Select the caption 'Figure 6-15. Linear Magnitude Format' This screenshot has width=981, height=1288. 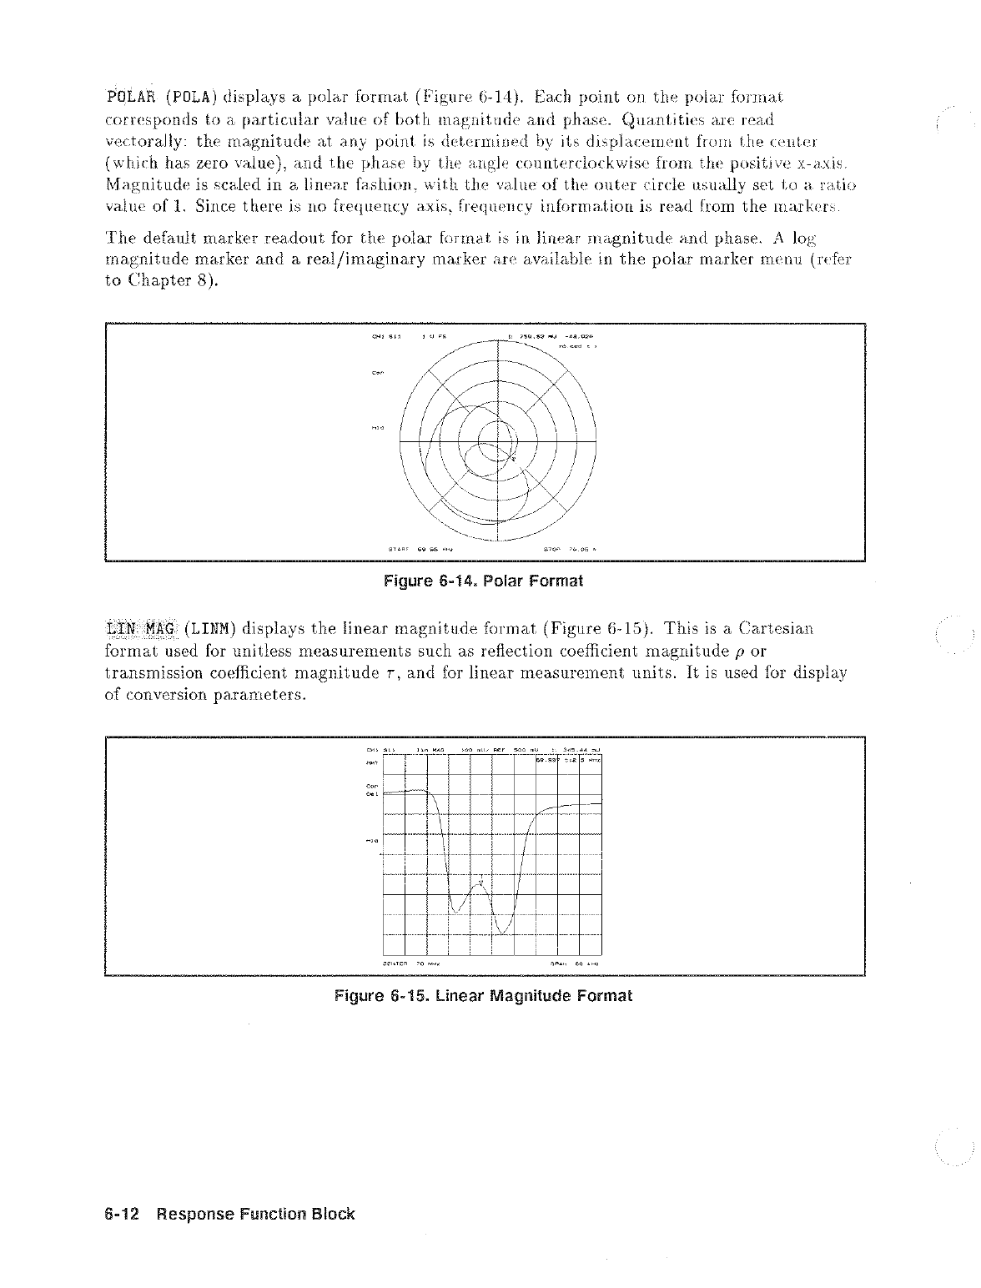pos(483,995)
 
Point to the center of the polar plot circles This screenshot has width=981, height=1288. pos(498,440)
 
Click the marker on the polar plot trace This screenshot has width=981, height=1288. pos(513,458)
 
